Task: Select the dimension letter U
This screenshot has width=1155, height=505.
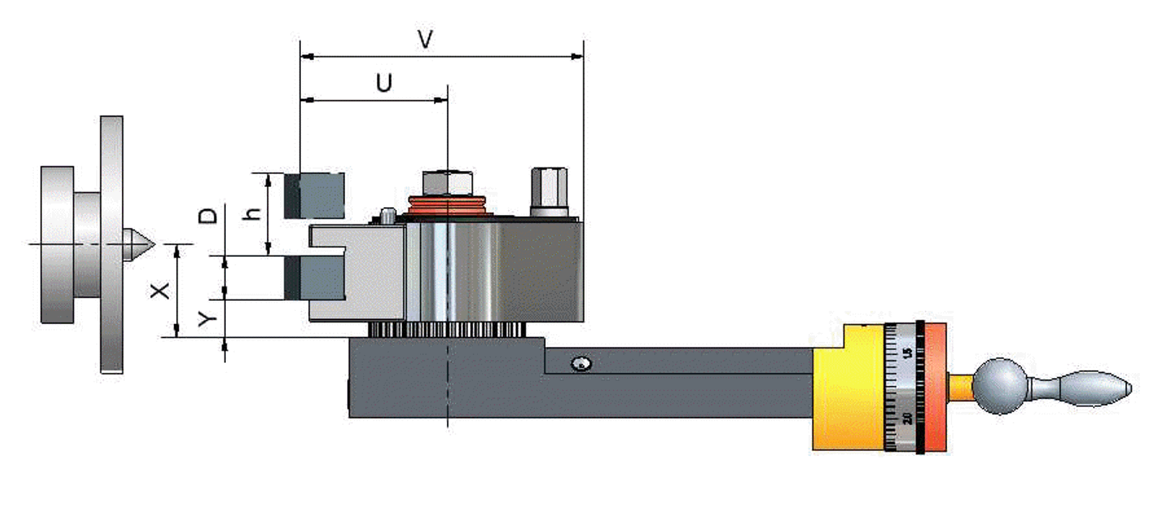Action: coord(384,83)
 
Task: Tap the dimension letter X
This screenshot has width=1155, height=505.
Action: coord(160,290)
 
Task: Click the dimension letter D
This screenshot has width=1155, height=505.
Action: coord(208,215)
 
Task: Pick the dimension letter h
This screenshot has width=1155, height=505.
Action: coord(252,214)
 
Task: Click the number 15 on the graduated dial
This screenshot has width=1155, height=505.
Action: coord(907,353)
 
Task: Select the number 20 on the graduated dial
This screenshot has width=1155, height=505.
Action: coord(907,417)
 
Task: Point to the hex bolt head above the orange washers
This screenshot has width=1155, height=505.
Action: coord(447,183)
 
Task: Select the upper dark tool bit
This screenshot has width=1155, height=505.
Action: coord(314,195)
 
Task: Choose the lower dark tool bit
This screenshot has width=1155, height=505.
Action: coord(314,278)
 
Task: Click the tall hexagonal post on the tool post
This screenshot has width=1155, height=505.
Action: coord(549,190)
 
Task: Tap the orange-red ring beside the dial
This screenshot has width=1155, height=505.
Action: coord(936,387)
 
